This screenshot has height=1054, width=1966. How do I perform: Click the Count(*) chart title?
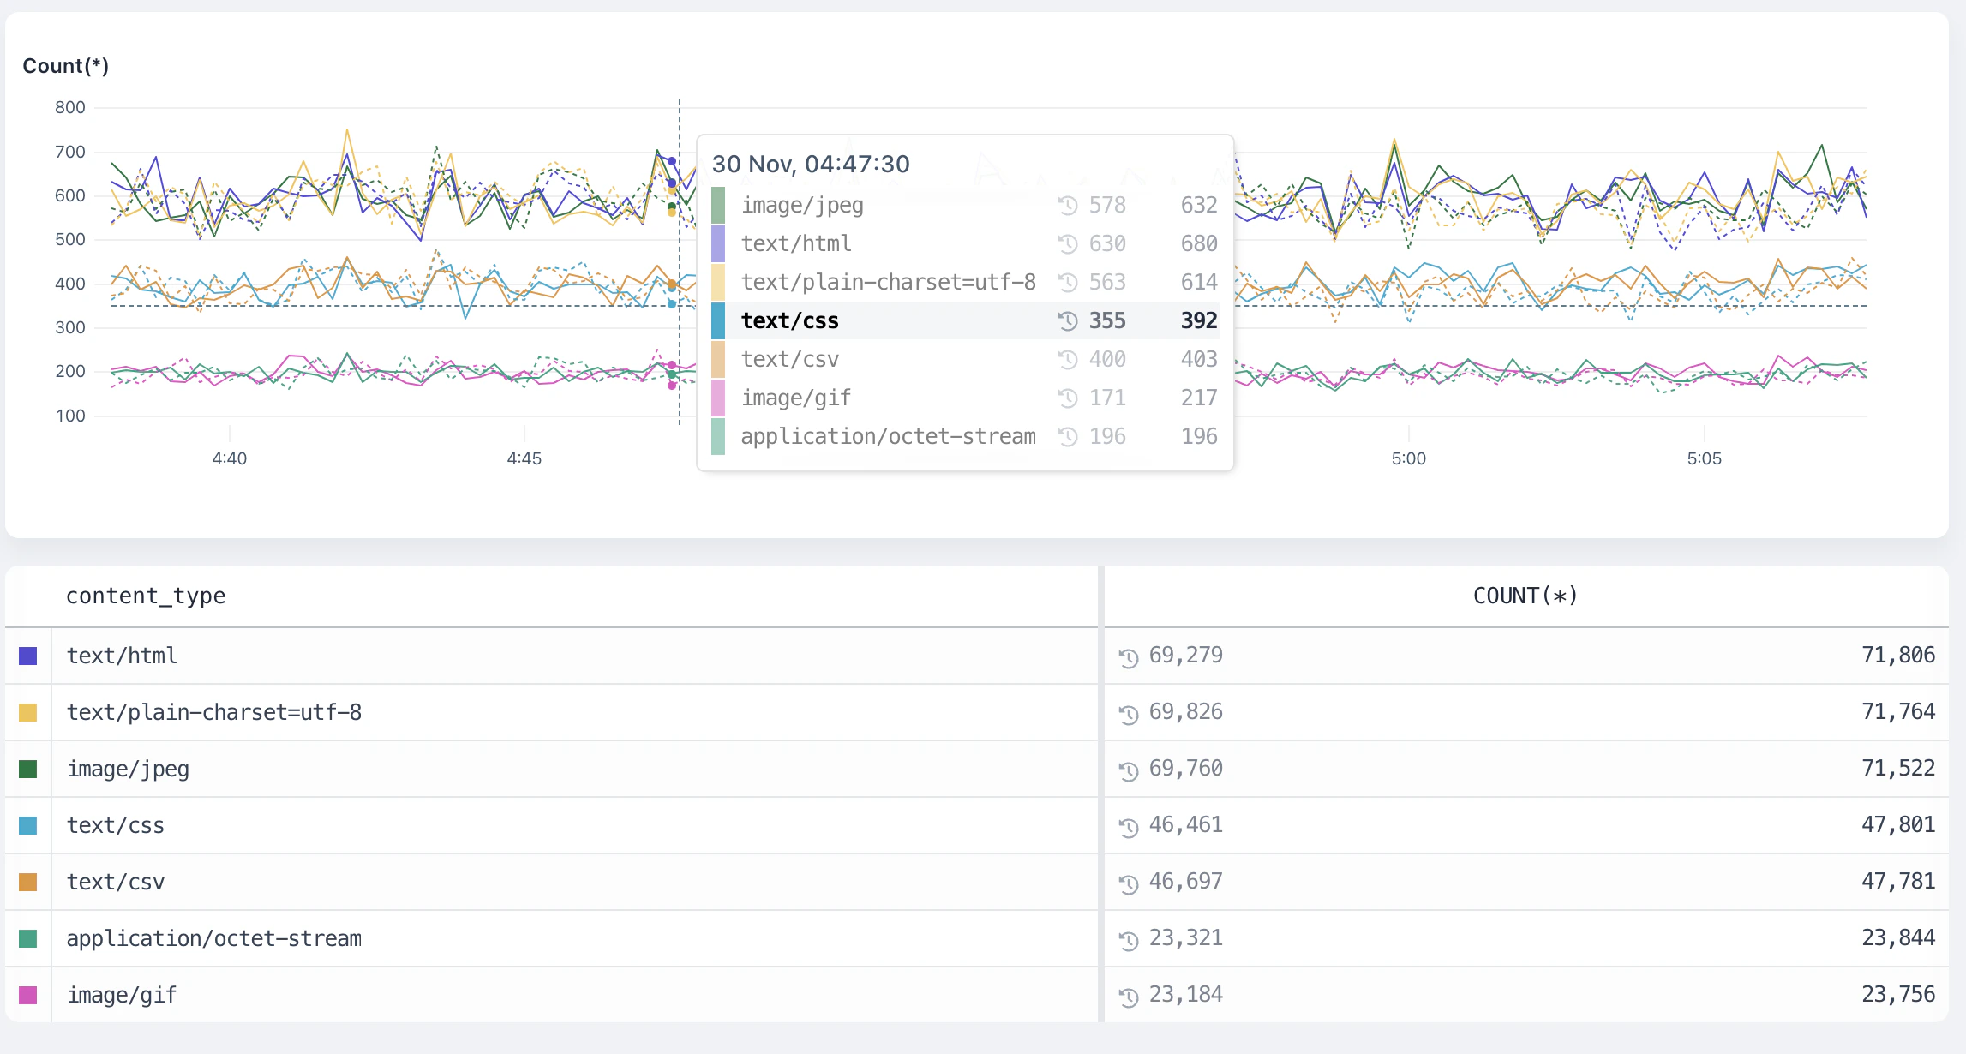tap(65, 66)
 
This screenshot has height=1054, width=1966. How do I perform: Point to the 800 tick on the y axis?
tap(70, 108)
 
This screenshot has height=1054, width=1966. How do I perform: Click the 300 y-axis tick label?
tap(70, 327)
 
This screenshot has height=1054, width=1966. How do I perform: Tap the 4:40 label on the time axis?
tap(230, 458)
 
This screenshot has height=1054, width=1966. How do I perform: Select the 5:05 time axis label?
tap(1704, 458)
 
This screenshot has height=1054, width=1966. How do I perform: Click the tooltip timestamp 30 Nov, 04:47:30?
tap(811, 164)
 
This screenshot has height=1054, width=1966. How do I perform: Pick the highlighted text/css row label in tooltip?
tap(790, 320)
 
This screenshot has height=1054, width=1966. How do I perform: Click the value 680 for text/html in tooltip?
tap(1199, 243)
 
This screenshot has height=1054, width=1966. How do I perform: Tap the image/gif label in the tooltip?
tap(796, 398)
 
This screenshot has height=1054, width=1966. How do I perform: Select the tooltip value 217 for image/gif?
tap(1199, 398)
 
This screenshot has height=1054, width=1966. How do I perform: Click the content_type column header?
tap(146, 596)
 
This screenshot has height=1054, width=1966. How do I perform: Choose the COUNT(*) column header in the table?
tap(1525, 596)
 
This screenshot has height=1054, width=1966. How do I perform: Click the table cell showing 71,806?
tap(1898, 656)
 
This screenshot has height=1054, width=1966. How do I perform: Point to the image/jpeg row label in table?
tap(129, 769)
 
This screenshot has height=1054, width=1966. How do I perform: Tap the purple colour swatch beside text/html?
tap(28, 656)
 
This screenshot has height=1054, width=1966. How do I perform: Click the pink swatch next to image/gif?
tap(28, 996)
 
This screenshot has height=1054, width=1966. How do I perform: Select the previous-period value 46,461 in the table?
tap(1186, 825)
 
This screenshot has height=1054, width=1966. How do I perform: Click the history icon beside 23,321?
tap(1129, 940)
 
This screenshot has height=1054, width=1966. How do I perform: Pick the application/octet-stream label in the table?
tap(214, 938)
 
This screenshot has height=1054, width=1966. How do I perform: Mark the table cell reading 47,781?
tap(1898, 882)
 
